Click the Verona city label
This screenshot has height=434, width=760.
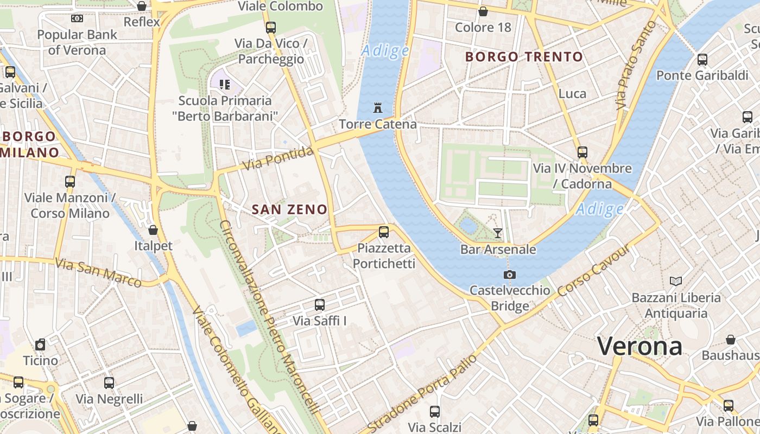(x=639, y=346)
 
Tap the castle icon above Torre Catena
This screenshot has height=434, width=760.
(x=378, y=107)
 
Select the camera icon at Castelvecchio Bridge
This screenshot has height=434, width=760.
(x=509, y=275)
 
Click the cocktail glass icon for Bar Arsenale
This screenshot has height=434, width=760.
(x=497, y=233)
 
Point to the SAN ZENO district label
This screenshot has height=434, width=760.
(x=290, y=209)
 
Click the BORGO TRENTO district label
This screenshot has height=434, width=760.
(x=524, y=56)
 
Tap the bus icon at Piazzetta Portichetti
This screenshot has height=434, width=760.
(x=384, y=232)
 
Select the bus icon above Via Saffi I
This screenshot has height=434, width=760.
(x=320, y=305)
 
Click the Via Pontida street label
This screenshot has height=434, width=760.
(x=278, y=158)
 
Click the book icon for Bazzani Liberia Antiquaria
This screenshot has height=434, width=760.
(x=676, y=281)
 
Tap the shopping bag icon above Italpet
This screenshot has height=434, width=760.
(x=153, y=230)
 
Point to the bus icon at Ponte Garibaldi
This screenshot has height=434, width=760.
(x=702, y=60)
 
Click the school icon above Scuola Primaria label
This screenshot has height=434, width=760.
(x=225, y=85)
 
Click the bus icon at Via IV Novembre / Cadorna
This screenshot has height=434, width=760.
(x=582, y=152)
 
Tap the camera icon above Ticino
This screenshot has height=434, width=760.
(x=40, y=344)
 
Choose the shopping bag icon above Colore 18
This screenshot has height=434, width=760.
(x=483, y=11)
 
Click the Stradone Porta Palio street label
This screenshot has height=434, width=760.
(x=422, y=393)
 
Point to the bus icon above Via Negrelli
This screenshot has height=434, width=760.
(x=109, y=383)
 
